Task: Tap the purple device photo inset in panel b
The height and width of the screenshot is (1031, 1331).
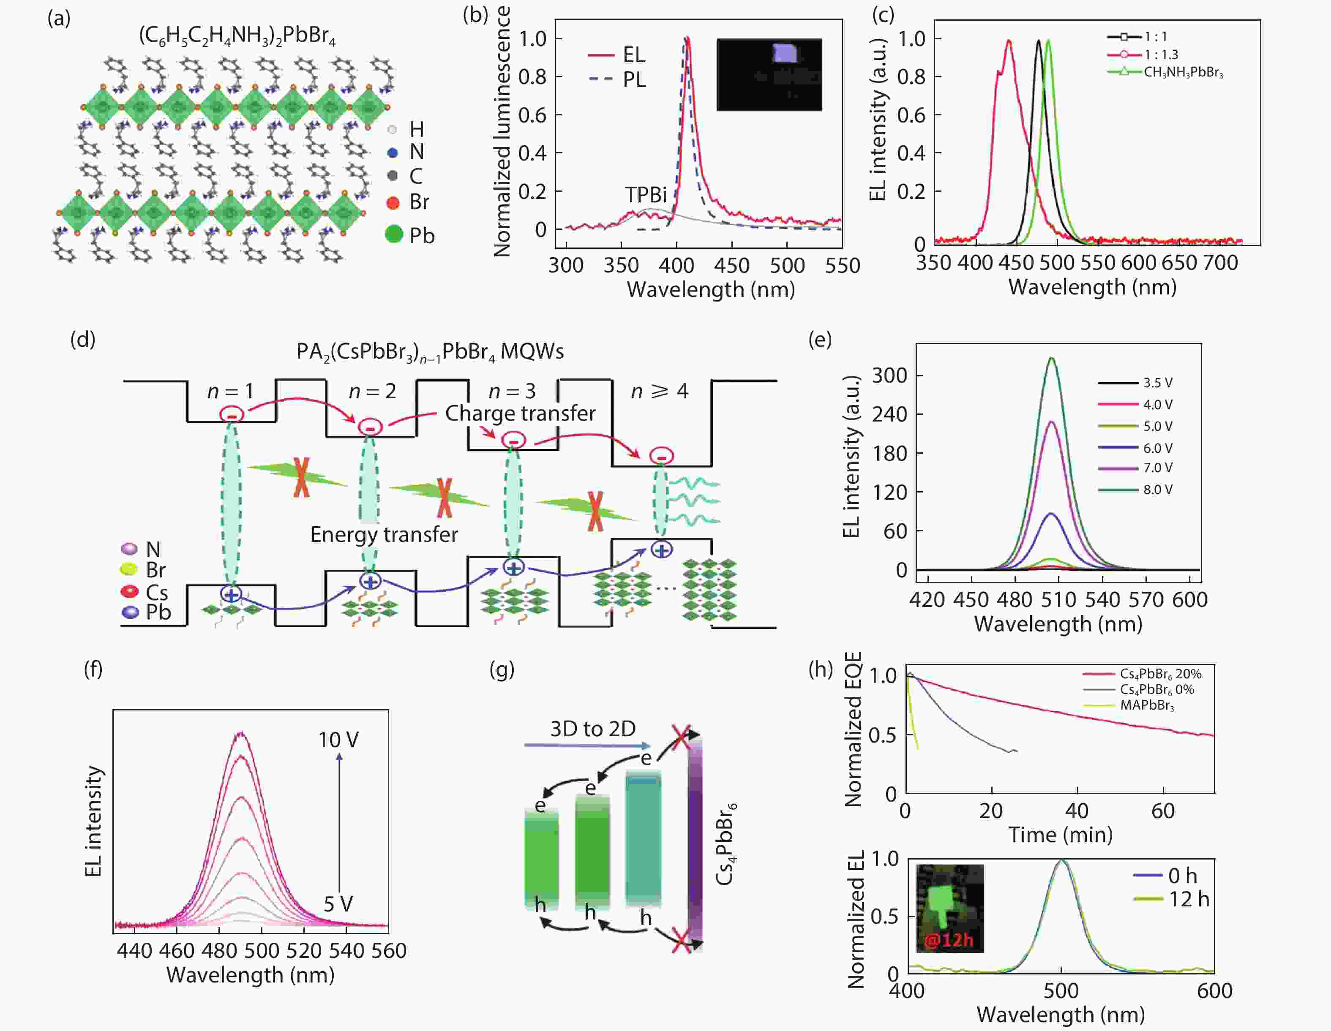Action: (x=769, y=74)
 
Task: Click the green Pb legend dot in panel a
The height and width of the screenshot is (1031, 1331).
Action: (x=394, y=234)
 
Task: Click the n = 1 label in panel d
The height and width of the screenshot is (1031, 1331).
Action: (x=230, y=391)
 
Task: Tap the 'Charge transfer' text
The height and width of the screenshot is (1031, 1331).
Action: (x=520, y=413)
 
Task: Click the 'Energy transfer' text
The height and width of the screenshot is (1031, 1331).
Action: (x=384, y=534)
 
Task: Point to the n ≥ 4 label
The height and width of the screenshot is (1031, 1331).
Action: (x=660, y=391)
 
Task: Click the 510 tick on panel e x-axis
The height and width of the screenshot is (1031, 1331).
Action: (x=1058, y=600)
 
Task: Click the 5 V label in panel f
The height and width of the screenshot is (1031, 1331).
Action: (x=338, y=903)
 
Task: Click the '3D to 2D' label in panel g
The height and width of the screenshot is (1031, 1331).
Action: (x=592, y=729)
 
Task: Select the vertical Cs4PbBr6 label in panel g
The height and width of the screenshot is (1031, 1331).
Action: (x=725, y=844)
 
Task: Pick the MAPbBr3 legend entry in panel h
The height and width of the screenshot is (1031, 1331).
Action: (x=1146, y=706)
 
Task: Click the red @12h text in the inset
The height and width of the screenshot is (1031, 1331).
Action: (x=948, y=940)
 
